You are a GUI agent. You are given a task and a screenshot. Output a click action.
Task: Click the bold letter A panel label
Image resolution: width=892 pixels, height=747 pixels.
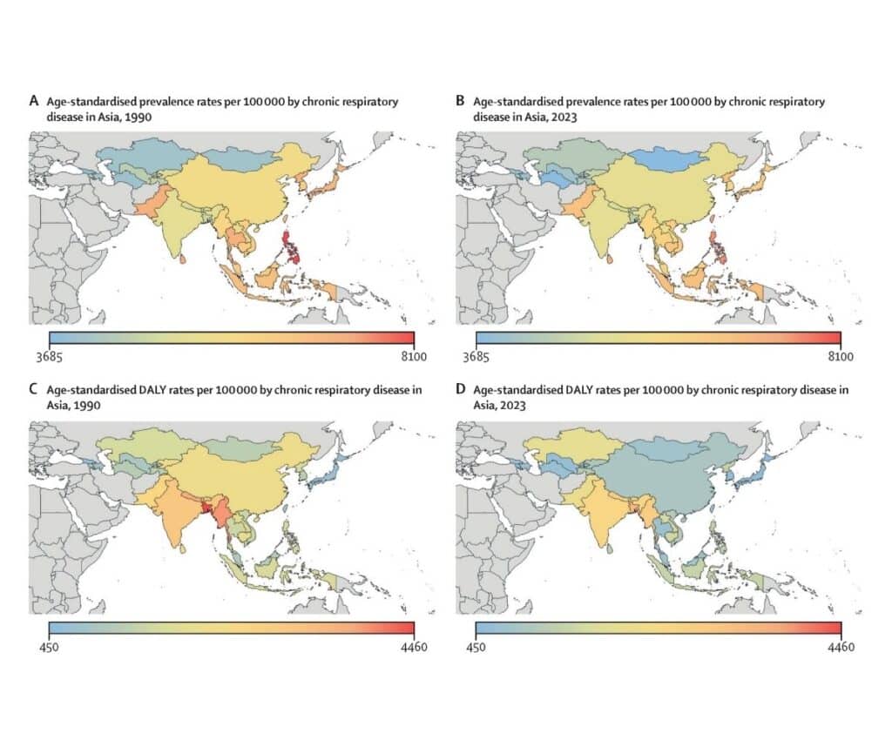[34, 102]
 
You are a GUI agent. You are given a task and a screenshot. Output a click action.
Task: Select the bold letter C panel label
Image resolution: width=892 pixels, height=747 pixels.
[34, 390]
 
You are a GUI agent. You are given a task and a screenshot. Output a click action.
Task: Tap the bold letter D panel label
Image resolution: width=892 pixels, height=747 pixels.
[461, 390]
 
